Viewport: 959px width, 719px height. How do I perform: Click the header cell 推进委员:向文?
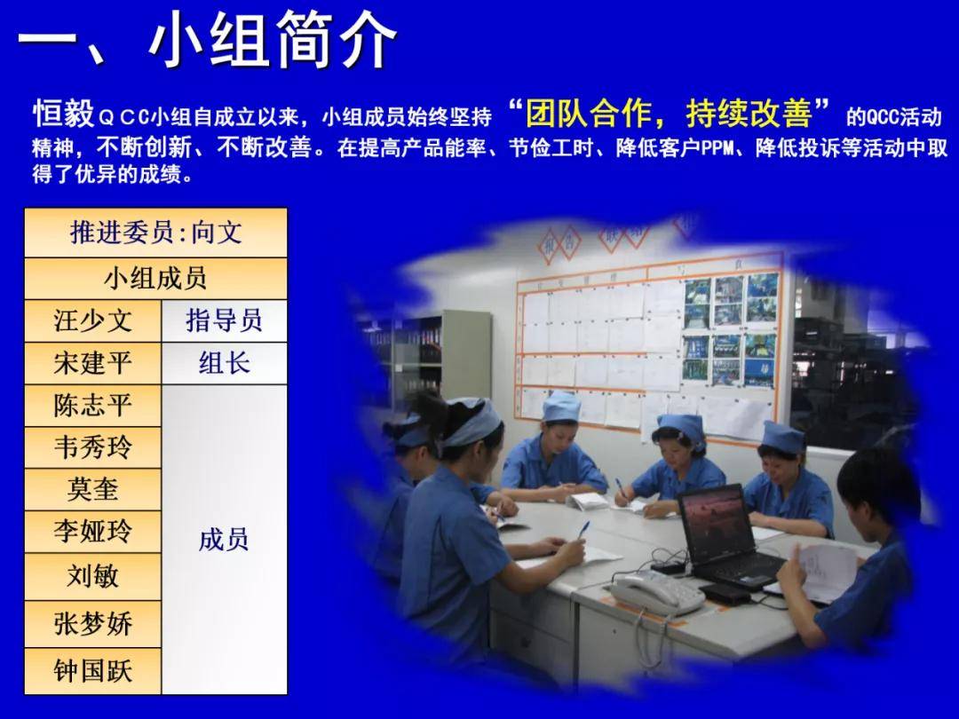click(155, 233)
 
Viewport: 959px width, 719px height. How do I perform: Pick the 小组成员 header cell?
click(155, 278)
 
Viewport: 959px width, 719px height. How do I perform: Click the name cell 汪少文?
click(92, 320)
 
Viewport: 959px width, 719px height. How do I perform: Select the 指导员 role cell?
click(224, 320)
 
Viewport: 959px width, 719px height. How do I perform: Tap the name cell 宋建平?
click(92, 363)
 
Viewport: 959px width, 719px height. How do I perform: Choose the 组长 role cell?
click(224, 363)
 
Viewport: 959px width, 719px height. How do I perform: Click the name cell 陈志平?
click(92, 406)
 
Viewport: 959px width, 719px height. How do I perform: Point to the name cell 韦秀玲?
click(92, 447)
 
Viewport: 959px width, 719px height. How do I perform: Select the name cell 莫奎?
click(92, 489)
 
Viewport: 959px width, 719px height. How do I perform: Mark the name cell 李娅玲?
click(92, 532)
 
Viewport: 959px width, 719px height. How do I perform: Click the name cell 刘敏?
click(92, 576)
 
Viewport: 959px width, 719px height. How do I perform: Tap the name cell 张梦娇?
click(92, 623)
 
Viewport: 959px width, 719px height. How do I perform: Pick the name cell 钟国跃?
click(92, 670)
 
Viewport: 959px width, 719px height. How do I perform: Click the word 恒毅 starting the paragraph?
click(63, 115)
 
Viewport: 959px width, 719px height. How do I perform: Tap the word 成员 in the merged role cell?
click(224, 539)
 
